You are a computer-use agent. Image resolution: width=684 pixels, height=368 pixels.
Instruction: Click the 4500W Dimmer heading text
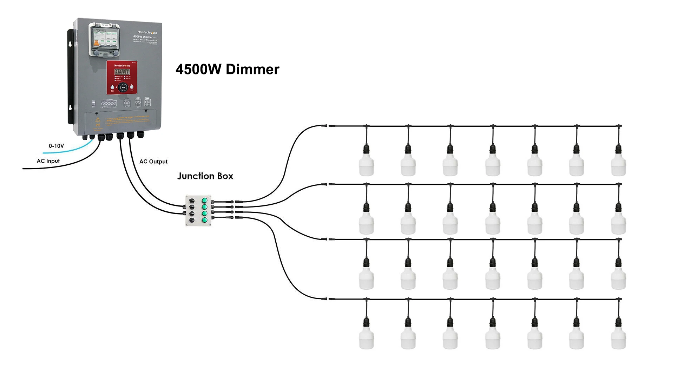click(x=227, y=69)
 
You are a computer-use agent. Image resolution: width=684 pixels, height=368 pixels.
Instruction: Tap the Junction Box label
click(x=205, y=176)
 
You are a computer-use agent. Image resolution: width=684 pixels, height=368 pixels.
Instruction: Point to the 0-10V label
click(x=56, y=146)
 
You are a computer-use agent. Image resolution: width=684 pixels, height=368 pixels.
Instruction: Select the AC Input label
click(x=48, y=161)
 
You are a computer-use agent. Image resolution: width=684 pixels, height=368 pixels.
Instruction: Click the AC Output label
click(x=153, y=162)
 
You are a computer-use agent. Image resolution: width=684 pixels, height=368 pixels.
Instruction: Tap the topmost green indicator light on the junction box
click(x=204, y=201)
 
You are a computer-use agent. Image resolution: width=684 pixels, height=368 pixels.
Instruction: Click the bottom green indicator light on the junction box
click(x=204, y=220)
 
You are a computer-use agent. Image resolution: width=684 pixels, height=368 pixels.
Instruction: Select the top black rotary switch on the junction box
click(x=192, y=201)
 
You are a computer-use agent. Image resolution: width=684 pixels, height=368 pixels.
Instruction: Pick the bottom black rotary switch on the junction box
click(x=192, y=220)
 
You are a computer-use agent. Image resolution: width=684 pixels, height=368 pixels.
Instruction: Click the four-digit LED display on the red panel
click(x=122, y=72)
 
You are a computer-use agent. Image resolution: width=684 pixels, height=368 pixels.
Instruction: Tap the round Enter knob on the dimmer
click(x=123, y=87)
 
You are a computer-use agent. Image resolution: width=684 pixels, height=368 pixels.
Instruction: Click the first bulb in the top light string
click(x=366, y=165)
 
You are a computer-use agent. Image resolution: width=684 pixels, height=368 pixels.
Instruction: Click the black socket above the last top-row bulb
click(x=618, y=149)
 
